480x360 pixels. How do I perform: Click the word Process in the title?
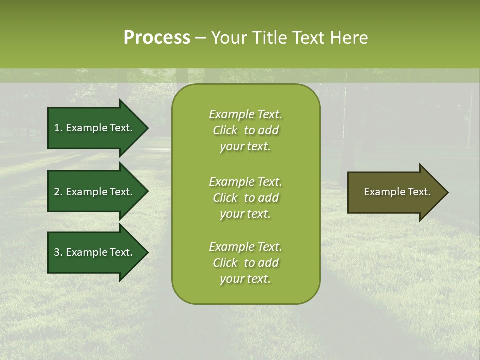[x=157, y=38]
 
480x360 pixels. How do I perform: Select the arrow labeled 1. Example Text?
[x=95, y=128]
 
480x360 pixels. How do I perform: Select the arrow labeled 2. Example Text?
[x=95, y=192]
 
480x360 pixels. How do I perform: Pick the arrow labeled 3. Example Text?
[x=95, y=252]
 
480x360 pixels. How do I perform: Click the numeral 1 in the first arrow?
[x=56, y=128]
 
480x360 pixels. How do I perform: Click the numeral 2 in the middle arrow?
[x=57, y=192]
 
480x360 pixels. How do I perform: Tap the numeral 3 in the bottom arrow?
[x=57, y=252]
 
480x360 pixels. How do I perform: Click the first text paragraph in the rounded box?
[x=245, y=130]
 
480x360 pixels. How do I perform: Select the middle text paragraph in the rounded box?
[x=245, y=198]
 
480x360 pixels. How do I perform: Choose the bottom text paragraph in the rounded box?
[x=245, y=263]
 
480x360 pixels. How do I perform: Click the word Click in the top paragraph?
[x=225, y=130]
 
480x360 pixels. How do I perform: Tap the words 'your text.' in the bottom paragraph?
[x=245, y=279]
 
